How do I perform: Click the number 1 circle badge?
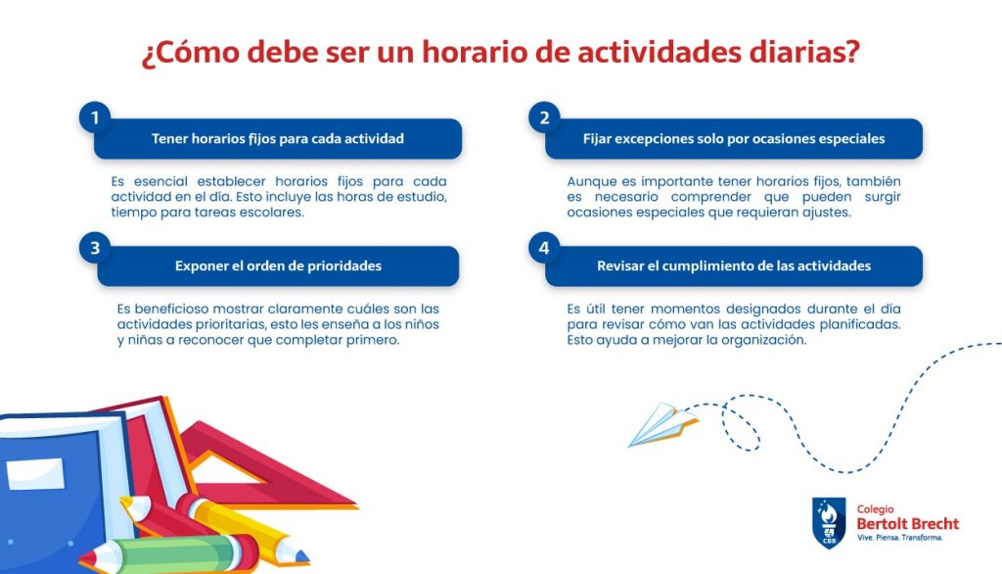(95, 118)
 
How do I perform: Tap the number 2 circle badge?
(544, 118)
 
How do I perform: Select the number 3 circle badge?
(95, 248)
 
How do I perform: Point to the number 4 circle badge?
(544, 248)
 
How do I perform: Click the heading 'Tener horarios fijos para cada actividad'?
(277, 139)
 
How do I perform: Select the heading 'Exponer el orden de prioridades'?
(278, 266)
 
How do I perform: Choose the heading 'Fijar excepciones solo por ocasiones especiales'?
(734, 139)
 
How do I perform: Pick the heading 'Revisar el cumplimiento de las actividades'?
(734, 266)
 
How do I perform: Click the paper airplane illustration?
(662, 424)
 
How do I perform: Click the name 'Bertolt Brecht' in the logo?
(907, 523)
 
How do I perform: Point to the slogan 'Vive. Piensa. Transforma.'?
(900, 538)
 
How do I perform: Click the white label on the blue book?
(35, 474)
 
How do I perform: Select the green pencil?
(169, 553)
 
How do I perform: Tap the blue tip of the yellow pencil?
(302, 556)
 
